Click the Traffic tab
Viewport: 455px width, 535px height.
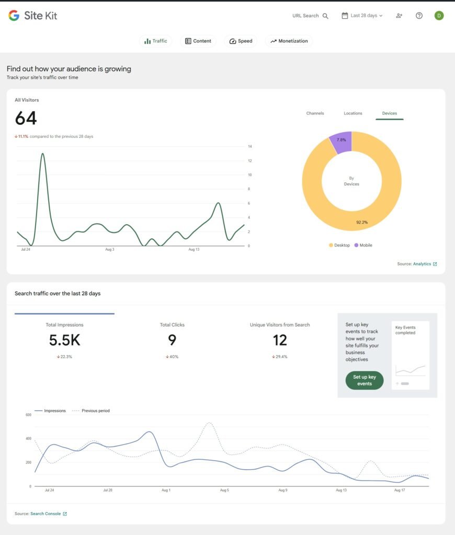tap(156, 41)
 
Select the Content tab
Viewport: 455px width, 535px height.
tap(198, 41)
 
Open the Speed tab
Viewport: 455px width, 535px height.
tap(241, 41)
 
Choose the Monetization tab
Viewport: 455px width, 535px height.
tap(289, 41)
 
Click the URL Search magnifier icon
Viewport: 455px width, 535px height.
tap(325, 16)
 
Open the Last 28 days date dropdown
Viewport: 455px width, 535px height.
tap(362, 16)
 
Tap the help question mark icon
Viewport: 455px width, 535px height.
tap(419, 16)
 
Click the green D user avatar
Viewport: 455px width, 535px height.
tap(439, 16)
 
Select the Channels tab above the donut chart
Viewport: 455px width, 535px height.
tap(315, 113)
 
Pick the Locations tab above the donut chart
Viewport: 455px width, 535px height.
tap(352, 113)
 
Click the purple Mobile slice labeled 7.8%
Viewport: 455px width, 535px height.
tap(341, 141)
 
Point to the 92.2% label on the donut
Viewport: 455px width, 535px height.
tap(361, 222)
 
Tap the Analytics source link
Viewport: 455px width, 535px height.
tap(422, 264)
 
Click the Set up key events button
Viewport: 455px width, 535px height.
tap(364, 380)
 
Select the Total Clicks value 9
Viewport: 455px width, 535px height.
tap(172, 341)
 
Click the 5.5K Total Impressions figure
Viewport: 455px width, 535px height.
tap(64, 341)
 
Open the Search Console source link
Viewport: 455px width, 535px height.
tap(45, 514)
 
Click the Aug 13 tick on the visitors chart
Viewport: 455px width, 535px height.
tap(194, 250)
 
